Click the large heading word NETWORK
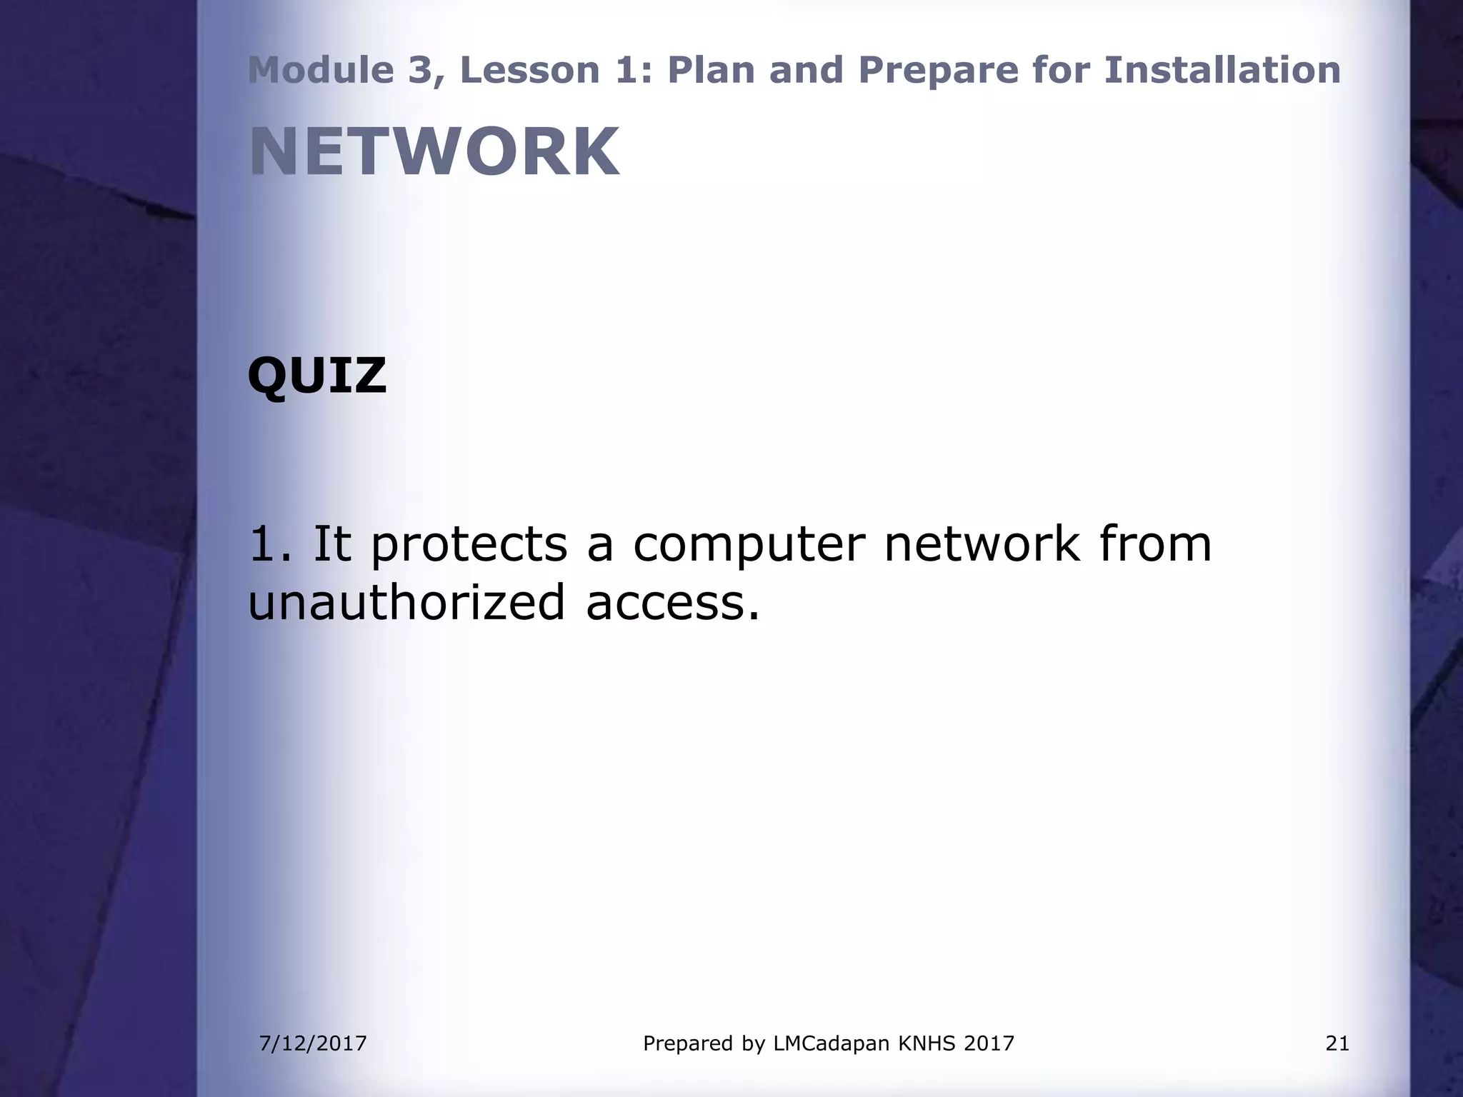coord(434,152)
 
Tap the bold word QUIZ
coord(316,376)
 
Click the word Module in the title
coord(321,70)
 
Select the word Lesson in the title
coord(529,70)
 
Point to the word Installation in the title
coord(1222,70)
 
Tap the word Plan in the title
coord(711,70)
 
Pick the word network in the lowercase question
coord(982,544)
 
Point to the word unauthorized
coord(406,602)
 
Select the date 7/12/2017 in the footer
coord(313,1043)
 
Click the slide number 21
coord(1337,1043)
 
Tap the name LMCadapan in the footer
coord(832,1043)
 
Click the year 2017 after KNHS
coord(989,1043)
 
